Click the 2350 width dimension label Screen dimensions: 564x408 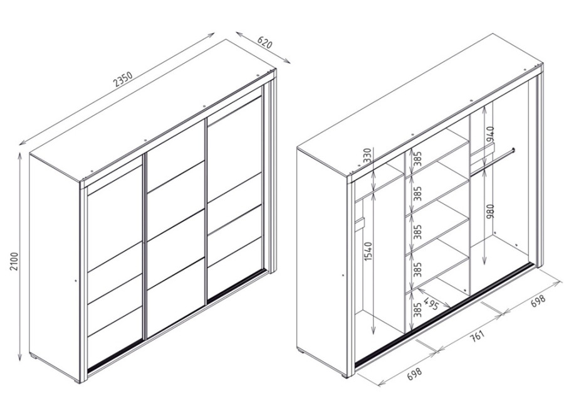coord(123,80)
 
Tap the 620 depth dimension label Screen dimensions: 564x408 coord(264,43)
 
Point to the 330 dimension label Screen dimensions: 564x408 coord(367,156)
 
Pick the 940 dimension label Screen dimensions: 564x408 coord(491,134)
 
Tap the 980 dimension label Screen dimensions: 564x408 coord(491,211)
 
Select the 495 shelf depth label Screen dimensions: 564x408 coord(431,303)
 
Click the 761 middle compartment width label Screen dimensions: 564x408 coord(478,336)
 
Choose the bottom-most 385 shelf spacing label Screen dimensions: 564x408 coord(417,309)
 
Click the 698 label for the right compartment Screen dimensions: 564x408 coord(538,301)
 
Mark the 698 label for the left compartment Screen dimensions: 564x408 coord(414,373)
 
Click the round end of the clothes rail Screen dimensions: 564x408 coord(514,150)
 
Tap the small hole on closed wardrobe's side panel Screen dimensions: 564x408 coord(76,280)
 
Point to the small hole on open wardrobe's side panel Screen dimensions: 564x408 coord(343,275)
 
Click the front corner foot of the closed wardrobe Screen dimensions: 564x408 coord(76,380)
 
